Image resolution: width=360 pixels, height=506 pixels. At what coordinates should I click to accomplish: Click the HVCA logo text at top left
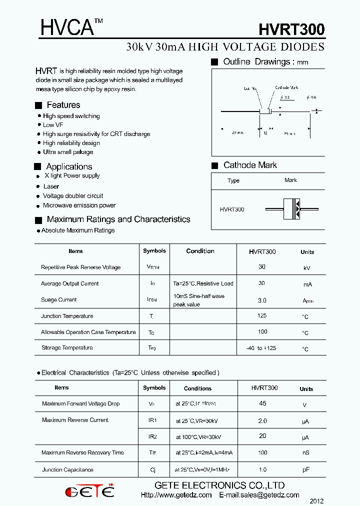(67, 28)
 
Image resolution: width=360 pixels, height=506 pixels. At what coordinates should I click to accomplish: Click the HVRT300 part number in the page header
(291, 29)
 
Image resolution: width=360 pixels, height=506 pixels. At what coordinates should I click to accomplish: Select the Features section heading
(63, 105)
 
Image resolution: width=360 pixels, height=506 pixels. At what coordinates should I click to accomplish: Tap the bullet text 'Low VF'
(53, 125)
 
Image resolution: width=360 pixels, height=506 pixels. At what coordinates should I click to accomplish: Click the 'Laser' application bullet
(51, 186)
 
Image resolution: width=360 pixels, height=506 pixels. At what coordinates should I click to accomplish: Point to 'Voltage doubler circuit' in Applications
(73, 196)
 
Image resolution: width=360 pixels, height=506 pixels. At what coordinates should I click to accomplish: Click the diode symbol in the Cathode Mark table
(291, 208)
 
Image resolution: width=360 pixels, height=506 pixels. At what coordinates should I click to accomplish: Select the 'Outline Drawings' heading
(257, 62)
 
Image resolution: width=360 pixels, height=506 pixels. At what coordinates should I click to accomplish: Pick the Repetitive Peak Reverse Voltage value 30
(262, 267)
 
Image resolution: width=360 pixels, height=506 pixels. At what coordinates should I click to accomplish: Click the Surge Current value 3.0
(262, 300)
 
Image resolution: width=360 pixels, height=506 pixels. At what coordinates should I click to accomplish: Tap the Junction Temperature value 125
(262, 316)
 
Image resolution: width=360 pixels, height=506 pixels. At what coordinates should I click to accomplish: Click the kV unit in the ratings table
(307, 268)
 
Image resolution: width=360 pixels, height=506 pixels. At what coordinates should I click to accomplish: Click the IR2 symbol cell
(153, 436)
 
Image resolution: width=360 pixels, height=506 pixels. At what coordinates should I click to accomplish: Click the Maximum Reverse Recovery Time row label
(82, 453)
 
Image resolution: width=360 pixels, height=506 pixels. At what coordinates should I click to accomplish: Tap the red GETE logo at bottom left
(89, 491)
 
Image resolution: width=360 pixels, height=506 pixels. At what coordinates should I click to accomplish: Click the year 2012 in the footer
(317, 500)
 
